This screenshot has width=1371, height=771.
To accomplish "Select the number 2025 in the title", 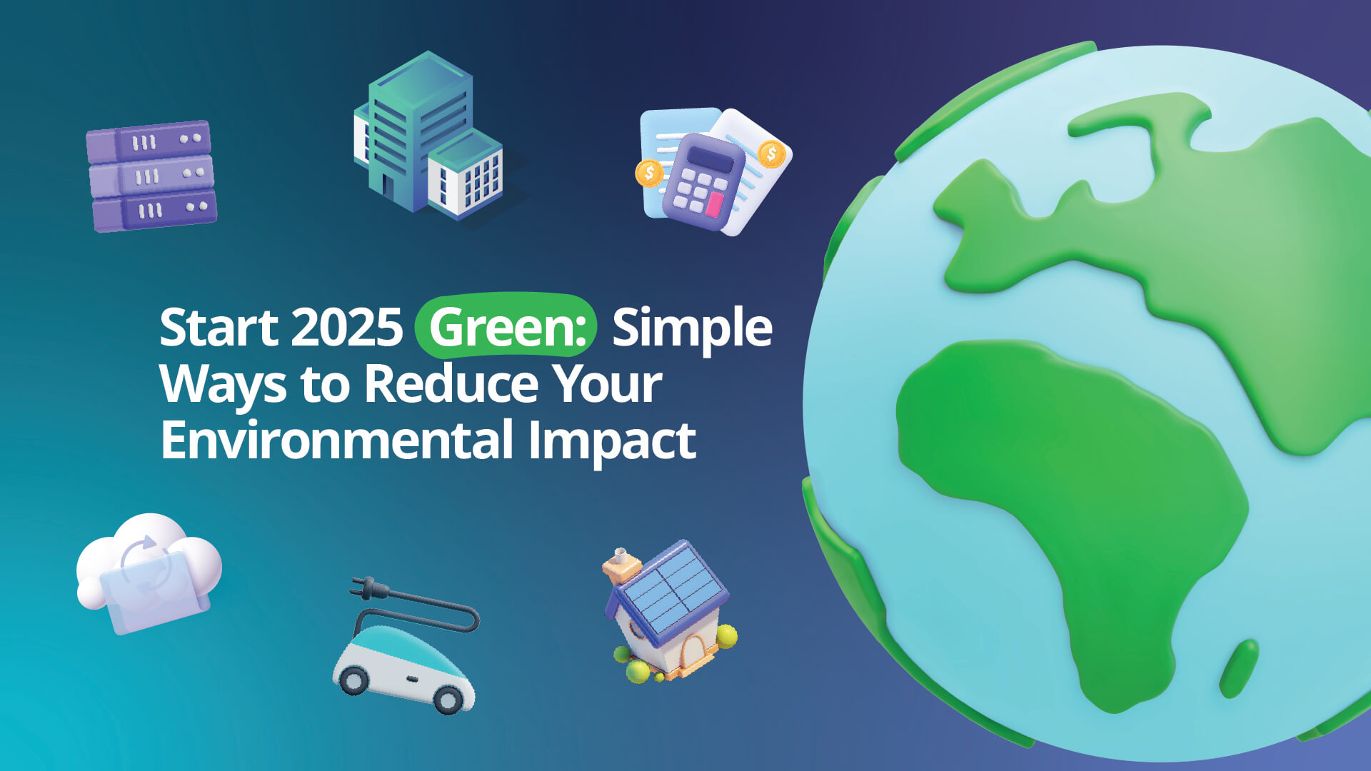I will click(347, 328).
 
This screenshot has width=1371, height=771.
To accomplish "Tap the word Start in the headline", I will click(219, 328).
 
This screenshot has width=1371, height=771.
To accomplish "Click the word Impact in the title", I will click(612, 441).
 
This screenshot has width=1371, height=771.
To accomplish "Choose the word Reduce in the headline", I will click(452, 384).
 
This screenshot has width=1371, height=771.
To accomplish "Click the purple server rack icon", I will click(151, 176).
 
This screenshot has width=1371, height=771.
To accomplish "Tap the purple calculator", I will click(703, 181).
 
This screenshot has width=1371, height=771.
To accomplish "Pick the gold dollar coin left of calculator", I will click(649, 173).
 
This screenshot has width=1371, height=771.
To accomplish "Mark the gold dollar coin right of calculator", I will click(771, 153).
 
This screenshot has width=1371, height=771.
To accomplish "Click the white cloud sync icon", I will click(149, 571).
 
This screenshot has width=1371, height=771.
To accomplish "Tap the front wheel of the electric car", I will click(448, 700).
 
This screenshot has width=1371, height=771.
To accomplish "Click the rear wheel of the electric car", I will click(353, 680).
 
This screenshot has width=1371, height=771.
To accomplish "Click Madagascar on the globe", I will click(1239, 668).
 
